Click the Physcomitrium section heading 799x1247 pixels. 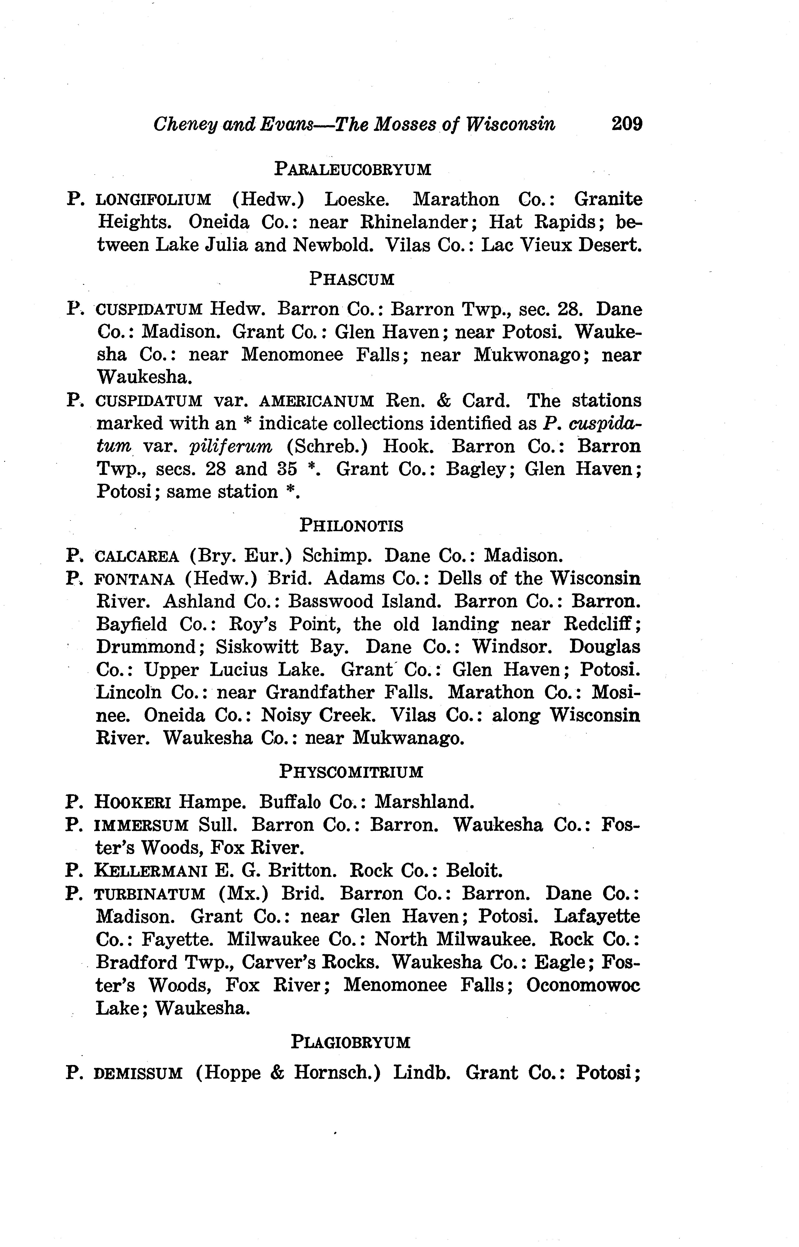tap(351, 772)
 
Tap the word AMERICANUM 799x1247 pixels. tap(316, 401)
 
